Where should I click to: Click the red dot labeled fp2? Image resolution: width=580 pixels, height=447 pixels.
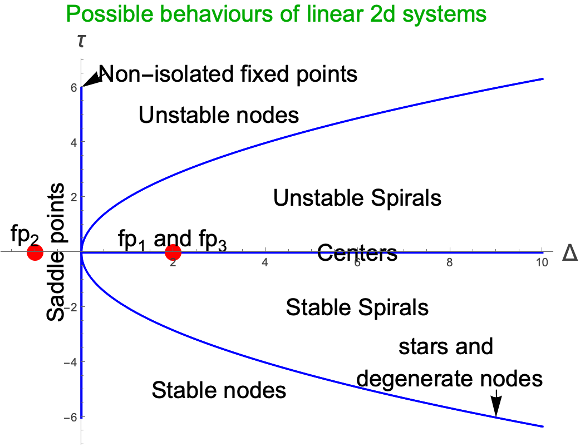pyautogui.click(x=35, y=252)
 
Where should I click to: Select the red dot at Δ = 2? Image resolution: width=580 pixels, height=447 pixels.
pyautogui.click(x=173, y=252)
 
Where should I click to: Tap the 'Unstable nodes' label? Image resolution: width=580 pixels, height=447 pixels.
pyautogui.click(x=219, y=116)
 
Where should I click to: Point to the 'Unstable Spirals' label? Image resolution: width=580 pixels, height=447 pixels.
pyautogui.click(x=357, y=198)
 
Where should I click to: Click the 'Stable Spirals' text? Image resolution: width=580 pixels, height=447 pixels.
pyautogui.click(x=357, y=307)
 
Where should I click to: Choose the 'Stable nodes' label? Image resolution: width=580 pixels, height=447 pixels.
pyautogui.click(x=219, y=390)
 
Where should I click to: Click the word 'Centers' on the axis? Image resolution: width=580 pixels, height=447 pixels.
pyautogui.click(x=357, y=254)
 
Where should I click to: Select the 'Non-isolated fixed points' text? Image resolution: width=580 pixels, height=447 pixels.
pyautogui.click(x=228, y=73)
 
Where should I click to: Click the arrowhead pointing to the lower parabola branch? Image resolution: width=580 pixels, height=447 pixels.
pyautogui.click(x=495, y=409)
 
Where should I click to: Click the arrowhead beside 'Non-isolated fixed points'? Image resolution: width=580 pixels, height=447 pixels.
pyautogui.click(x=91, y=78)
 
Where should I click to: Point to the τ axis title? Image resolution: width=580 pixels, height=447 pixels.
pyautogui.click(x=81, y=41)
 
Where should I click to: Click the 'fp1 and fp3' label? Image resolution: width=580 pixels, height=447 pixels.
pyautogui.click(x=172, y=240)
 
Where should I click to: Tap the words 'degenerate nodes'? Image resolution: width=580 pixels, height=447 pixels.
pyautogui.click(x=449, y=379)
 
